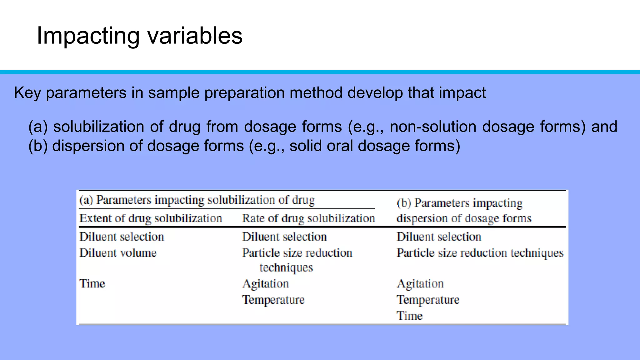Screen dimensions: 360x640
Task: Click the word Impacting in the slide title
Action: [88, 36]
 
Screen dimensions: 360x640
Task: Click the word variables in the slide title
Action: [195, 36]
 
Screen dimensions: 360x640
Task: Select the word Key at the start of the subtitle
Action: [27, 93]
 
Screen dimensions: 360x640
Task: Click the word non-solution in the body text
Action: [433, 127]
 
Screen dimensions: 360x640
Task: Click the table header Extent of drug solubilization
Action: [151, 218]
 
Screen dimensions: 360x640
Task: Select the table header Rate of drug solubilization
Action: [308, 218]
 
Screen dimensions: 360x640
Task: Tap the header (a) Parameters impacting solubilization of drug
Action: [197, 200]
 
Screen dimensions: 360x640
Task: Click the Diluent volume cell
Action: [118, 252]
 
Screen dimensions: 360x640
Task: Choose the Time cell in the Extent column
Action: [92, 283]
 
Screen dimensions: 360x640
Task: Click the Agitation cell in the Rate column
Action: [266, 283]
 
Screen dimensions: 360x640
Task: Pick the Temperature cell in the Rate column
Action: [273, 300]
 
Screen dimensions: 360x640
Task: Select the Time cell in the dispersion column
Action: [410, 316]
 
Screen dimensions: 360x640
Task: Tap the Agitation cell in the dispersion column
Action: [420, 283]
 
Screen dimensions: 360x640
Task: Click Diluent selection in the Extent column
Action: [122, 237]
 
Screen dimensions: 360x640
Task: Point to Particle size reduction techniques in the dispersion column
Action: [480, 252]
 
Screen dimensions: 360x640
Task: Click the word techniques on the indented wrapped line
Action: [286, 267]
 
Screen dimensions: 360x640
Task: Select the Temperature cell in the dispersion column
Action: [428, 300]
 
